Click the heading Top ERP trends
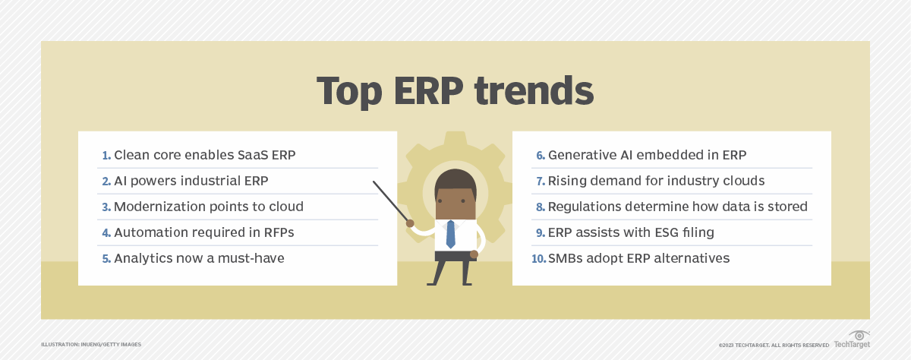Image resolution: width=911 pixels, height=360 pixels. [x=455, y=91]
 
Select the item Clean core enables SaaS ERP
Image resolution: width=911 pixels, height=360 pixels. [x=204, y=155]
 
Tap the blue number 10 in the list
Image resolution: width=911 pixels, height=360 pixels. [x=538, y=259]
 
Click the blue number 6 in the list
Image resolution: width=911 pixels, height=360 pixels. [x=541, y=156]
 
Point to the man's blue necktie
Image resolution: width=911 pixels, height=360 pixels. [x=450, y=234]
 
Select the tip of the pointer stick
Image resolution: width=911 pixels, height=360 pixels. [x=374, y=182]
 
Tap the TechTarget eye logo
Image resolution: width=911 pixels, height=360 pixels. [x=858, y=335]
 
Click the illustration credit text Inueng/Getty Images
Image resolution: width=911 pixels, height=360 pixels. [x=91, y=345]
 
